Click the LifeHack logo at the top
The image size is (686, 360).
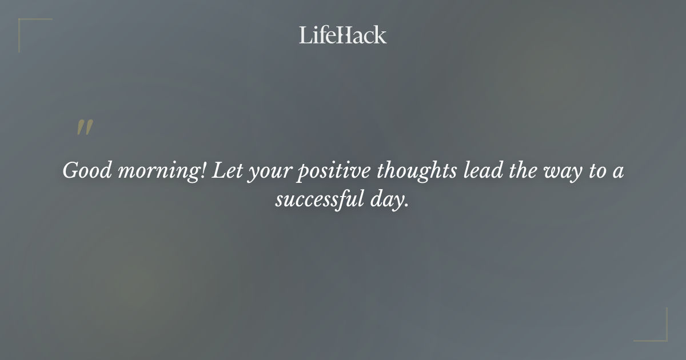point(343,35)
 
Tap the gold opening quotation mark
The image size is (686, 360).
point(85,128)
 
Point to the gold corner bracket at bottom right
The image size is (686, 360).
point(657,331)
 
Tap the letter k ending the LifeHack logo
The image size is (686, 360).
point(380,35)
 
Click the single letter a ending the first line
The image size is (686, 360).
point(618,173)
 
